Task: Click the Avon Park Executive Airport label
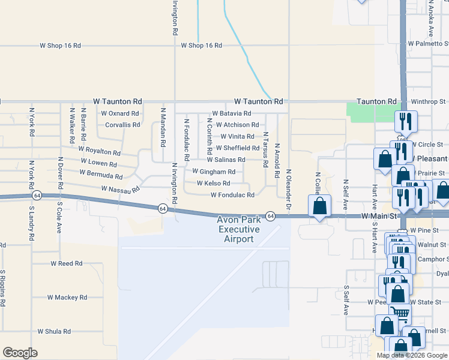pos(239,230)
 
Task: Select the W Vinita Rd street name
pos(237,137)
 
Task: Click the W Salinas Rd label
pos(226,160)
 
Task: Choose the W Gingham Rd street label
pos(214,172)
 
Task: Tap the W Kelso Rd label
pos(209,184)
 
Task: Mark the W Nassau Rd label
pos(120,189)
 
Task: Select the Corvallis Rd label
pos(122,125)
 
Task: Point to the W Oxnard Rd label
pos(120,113)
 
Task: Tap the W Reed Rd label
pos(66,263)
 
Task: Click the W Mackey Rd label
pos(68,298)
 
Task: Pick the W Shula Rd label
pos(54,331)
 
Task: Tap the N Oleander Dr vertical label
pos(289,179)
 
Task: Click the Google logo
pos(20,353)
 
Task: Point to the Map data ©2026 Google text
pos(412,355)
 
